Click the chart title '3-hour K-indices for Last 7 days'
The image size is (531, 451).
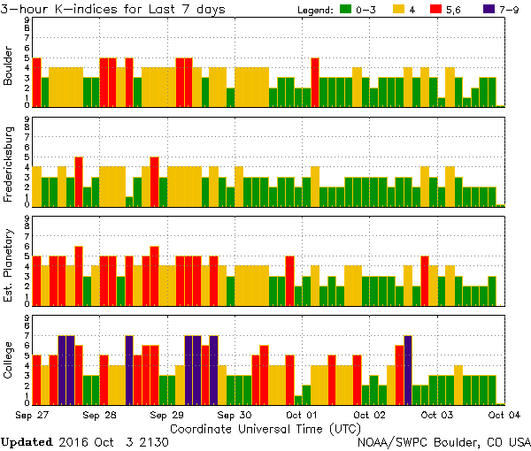[x=112, y=9]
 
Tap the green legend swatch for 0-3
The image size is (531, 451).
[x=347, y=10]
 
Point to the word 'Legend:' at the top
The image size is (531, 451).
[x=312, y=10]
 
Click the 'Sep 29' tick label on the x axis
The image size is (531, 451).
[x=167, y=414]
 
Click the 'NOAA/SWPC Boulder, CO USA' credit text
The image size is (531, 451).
[x=443, y=441]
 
